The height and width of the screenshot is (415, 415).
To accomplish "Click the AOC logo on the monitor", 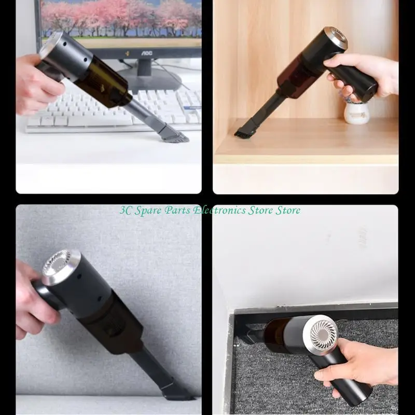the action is pos(146,53).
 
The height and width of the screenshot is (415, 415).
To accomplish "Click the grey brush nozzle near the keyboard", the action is pos(170,133).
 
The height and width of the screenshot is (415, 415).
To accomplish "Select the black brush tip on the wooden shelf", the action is pos(243,132).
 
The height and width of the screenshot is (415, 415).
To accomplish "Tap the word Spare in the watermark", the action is pos(148,211).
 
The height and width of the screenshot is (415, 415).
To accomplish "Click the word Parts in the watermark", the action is pos(177,211).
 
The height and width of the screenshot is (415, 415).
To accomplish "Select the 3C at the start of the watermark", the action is pos(126,211).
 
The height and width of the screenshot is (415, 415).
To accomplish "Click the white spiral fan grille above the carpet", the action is pos(324,334).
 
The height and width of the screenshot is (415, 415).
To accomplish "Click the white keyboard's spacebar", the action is pos(101,121).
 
